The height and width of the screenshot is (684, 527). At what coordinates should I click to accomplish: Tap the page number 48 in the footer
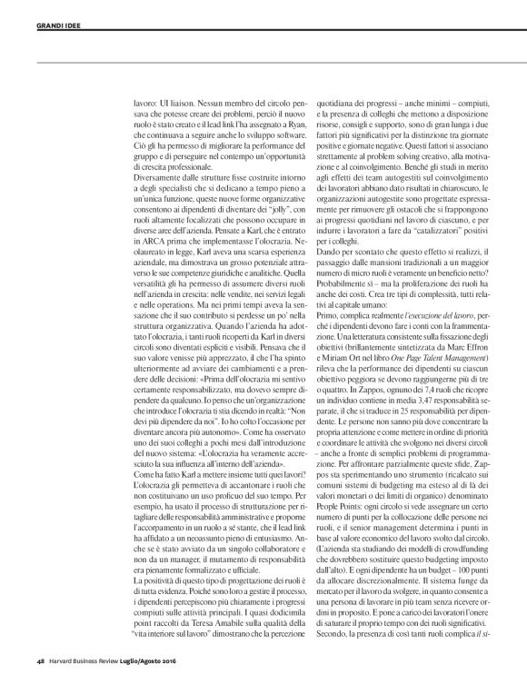click(x=28, y=674)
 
